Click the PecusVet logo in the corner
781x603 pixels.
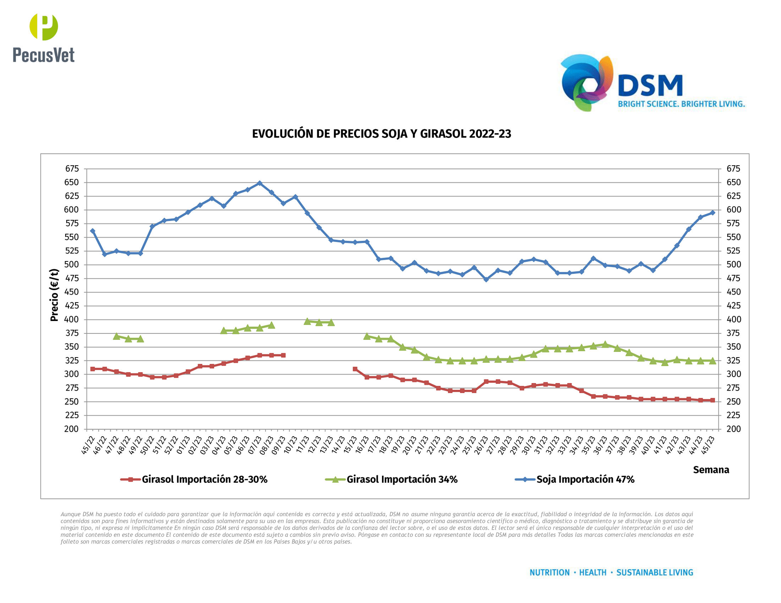click(43, 38)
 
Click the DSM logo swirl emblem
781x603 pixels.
click(586, 83)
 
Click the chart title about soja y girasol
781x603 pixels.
click(381, 134)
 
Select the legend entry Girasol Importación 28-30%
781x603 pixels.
click(204, 480)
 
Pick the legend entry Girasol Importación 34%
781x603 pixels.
click(402, 480)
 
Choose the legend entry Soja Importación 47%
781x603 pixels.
click(585, 480)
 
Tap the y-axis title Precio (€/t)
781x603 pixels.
click(54, 295)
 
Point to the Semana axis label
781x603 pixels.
click(711, 470)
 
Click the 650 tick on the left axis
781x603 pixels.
click(71, 183)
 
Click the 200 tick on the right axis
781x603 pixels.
click(733, 429)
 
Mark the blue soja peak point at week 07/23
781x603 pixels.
click(260, 183)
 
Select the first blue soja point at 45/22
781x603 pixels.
click(93, 231)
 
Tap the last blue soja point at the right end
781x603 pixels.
click(712, 212)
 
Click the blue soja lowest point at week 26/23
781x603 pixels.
click(486, 280)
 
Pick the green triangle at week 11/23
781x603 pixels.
click(307, 321)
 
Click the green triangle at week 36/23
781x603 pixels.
click(605, 344)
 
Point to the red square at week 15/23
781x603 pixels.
click(355, 369)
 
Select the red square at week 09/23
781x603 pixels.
click(283, 355)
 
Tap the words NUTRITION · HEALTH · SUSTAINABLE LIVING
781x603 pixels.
click(611, 572)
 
